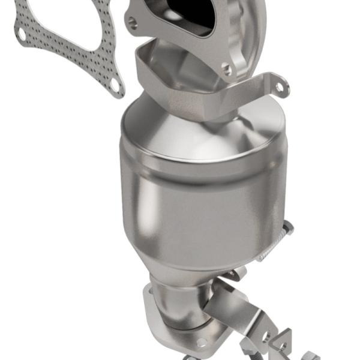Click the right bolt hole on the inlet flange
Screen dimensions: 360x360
point(227,70)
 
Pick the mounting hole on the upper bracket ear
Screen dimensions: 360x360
point(278,87)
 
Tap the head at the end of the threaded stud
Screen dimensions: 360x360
point(289,226)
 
